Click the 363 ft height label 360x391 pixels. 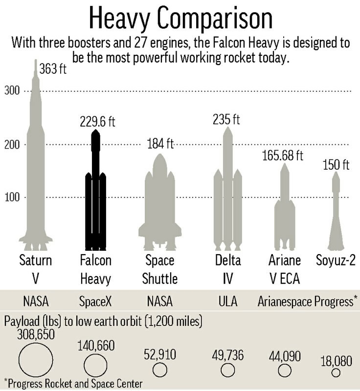click(52, 69)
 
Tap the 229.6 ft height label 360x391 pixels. click(99, 122)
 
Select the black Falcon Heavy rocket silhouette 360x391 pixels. click(96, 195)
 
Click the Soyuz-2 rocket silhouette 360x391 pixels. click(335, 215)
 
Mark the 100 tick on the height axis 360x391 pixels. click(12, 197)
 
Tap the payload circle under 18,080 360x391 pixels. click(336, 373)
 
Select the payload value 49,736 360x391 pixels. click(227, 355)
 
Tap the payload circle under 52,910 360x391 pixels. click(159, 369)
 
